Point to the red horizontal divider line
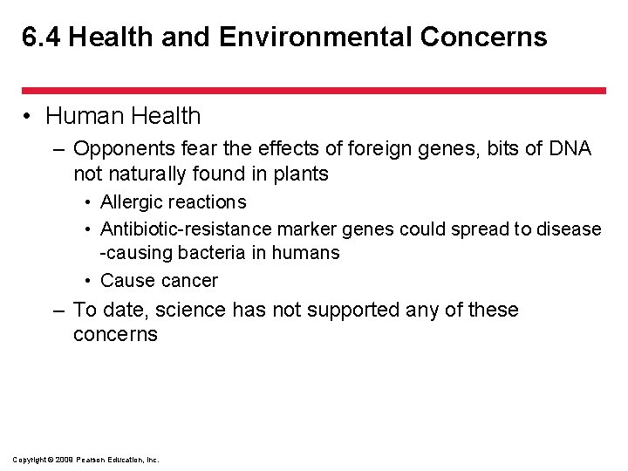pyautogui.click(x=313, y=90)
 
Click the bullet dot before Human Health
pyautogui.click(x=29, y=117)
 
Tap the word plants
pyautogui.click(x=299, y=174)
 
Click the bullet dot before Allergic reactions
pyautogui.click(x=90, y=203)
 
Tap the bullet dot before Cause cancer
pyautogui.click(x=90, y=282)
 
